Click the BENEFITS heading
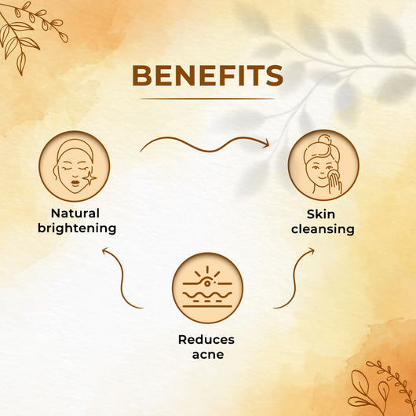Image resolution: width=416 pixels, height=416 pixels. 208,75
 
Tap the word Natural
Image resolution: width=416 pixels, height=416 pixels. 75,213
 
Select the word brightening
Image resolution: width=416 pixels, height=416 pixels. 77,228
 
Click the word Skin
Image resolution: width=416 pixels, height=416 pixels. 321,214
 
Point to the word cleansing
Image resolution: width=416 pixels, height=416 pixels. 323,229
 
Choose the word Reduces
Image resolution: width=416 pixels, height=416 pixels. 206,340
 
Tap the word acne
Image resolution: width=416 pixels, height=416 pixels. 208,355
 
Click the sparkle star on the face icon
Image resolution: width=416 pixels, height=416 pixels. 89,178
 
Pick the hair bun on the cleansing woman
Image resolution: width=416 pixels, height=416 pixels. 324,140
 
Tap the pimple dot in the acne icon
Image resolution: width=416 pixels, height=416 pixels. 207,283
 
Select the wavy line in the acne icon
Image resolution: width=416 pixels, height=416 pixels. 207,295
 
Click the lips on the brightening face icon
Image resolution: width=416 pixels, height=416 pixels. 75,184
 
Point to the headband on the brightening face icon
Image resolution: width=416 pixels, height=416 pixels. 75,148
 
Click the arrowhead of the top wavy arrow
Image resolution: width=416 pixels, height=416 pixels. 265,144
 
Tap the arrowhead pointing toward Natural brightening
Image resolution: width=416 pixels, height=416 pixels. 106,250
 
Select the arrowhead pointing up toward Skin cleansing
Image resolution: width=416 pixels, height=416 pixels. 311,251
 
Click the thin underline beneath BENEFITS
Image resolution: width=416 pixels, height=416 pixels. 208,99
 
